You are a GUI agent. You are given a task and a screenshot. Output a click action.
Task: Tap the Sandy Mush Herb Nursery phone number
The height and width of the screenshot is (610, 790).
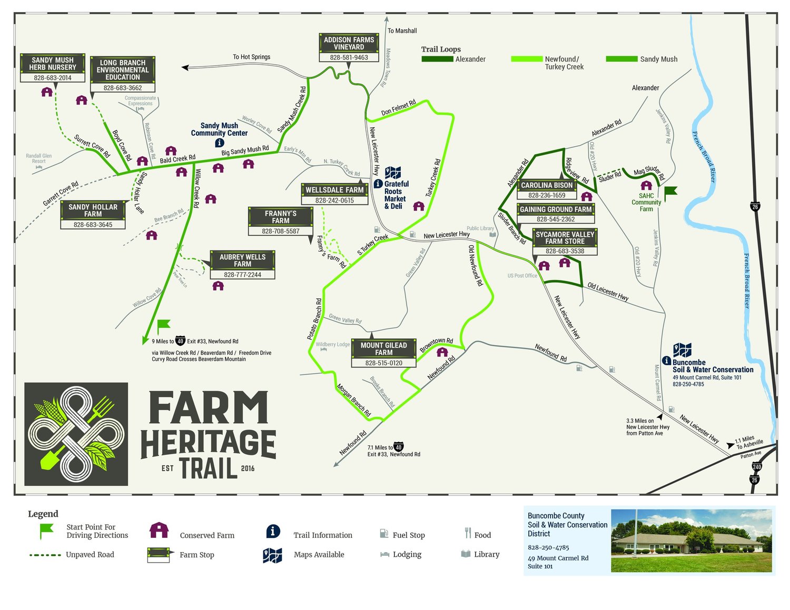tap(53, 78)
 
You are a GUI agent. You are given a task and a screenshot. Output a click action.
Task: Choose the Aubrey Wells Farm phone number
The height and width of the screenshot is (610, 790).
tap(242, 275)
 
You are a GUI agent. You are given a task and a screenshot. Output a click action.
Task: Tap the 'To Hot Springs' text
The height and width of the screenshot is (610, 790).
tap(252, 57)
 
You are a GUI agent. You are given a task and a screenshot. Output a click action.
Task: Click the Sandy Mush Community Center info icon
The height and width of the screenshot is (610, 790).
tap(220, 143)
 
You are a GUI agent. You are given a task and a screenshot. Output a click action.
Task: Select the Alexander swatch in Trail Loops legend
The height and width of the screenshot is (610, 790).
tap(437, 59)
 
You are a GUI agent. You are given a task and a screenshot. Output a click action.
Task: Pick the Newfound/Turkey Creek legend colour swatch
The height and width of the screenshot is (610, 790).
tap(527, 59)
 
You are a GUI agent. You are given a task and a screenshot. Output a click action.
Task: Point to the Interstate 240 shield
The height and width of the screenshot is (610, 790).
tap(757, 467)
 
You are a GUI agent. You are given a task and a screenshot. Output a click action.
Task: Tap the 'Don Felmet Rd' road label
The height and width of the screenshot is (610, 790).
tap(399, 107)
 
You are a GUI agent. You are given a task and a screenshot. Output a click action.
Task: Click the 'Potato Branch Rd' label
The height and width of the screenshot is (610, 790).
tap(315, 319)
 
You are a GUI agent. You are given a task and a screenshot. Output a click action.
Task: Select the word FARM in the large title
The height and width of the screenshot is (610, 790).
tap(209, 408)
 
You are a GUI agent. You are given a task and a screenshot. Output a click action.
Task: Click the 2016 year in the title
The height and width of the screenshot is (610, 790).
tap(248, 468)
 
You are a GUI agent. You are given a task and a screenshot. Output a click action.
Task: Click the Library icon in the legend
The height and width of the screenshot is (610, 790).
tap(466, 554)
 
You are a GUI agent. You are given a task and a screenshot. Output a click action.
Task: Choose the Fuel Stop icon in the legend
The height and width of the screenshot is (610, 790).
tap(384, 534)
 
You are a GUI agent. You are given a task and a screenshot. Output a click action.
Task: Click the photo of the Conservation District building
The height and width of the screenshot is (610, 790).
tap(691, 541)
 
